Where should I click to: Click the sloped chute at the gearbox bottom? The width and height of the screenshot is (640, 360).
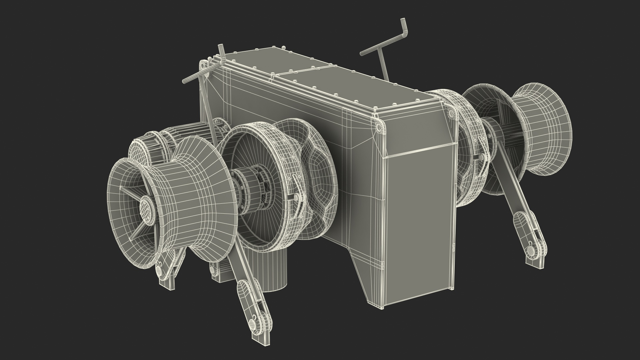[370, 277]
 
